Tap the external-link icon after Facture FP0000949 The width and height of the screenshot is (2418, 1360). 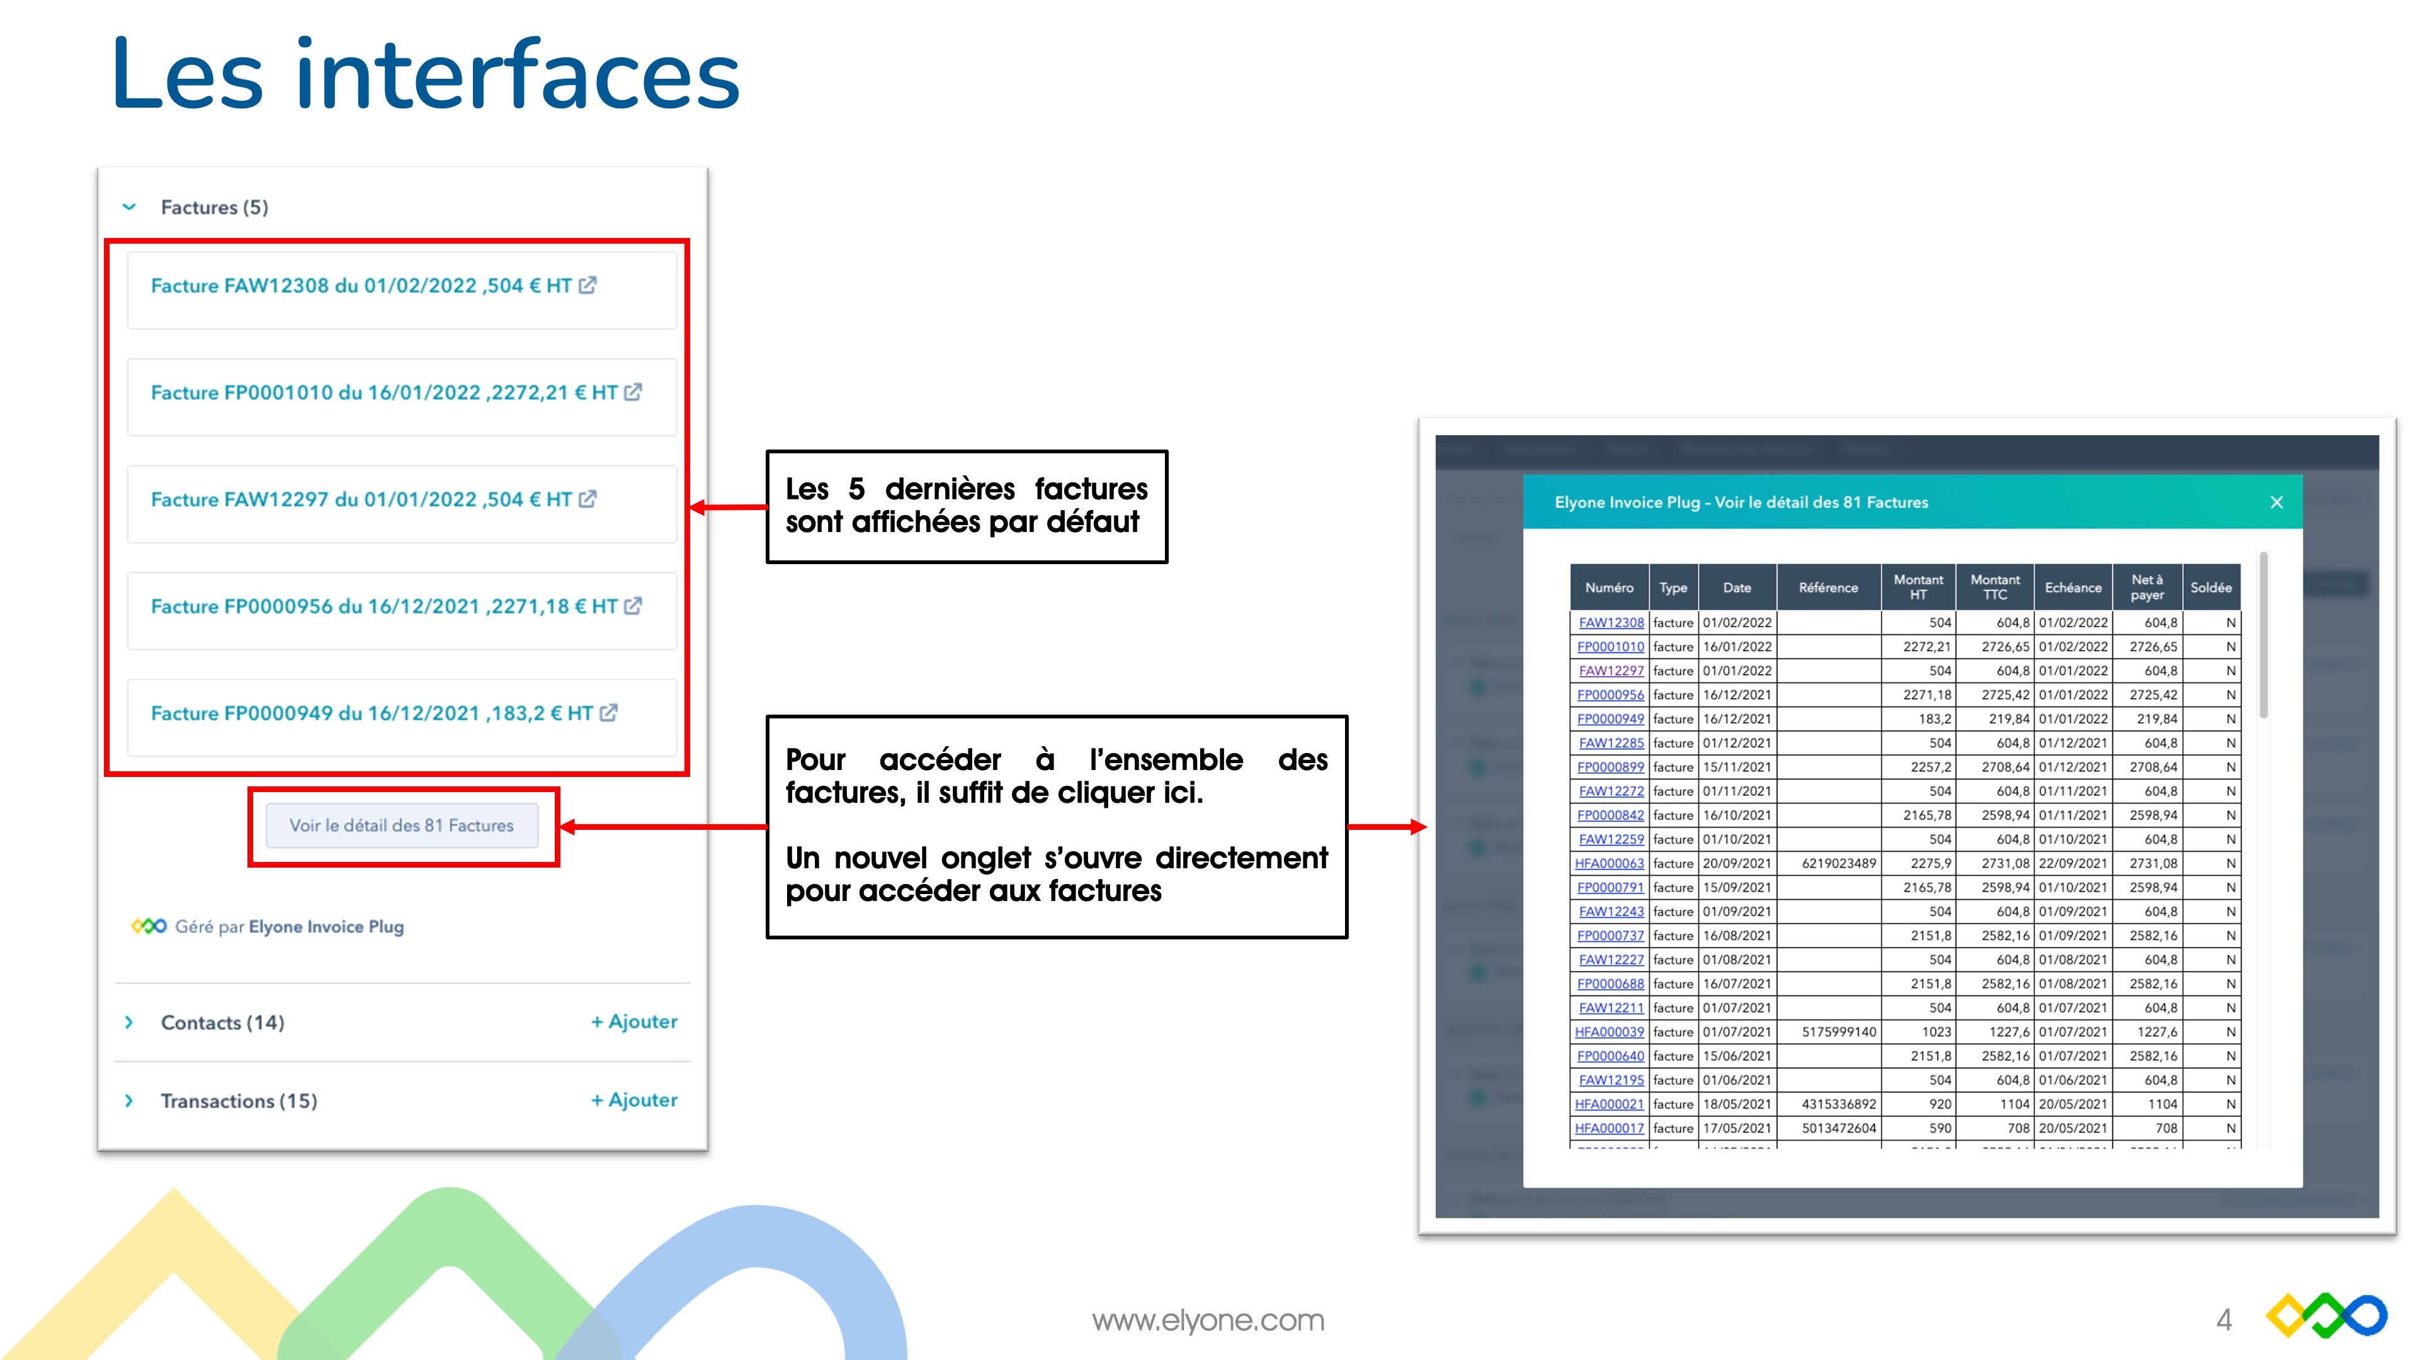click(x=609, y=713)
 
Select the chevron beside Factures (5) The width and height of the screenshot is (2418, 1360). click(x=130, y=207)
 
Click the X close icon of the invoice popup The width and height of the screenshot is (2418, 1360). click(x=2276, y=503)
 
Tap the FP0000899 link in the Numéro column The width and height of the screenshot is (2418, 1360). click(x=1610, y=768)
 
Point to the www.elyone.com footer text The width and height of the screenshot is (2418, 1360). click(x=1208, y=1320)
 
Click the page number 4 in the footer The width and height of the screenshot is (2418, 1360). click(x=2223, y=1320)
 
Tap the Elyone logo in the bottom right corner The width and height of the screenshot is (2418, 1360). click(x=2326, y=1317)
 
